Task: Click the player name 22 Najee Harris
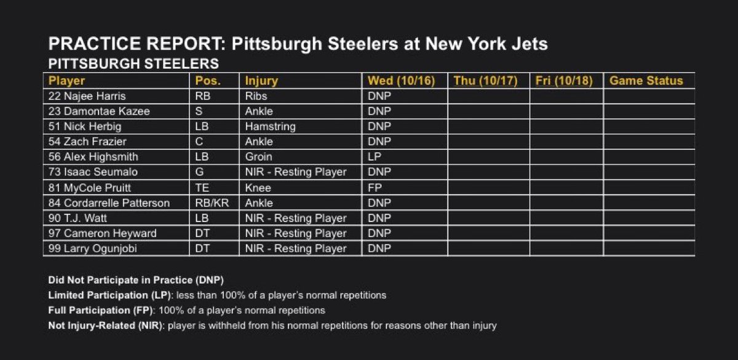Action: (x=84, y=96)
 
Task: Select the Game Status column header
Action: (x=646, y=81)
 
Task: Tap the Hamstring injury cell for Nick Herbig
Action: (x=270, y=126)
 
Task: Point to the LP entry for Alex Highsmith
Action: (x=375, y=157)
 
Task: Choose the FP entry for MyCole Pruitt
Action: (x=375, y=187)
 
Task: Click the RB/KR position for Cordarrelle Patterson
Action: (x=211, y=202)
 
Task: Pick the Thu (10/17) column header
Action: (x=485, y=81)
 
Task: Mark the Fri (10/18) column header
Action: (x=564, y=81)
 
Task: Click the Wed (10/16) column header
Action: (x=402, y=81)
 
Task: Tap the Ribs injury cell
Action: (x=256, y=96)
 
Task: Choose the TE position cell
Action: (x=201, y=187)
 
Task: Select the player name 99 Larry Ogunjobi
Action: (x=89, y=249)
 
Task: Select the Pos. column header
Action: (x=207, y=81)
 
